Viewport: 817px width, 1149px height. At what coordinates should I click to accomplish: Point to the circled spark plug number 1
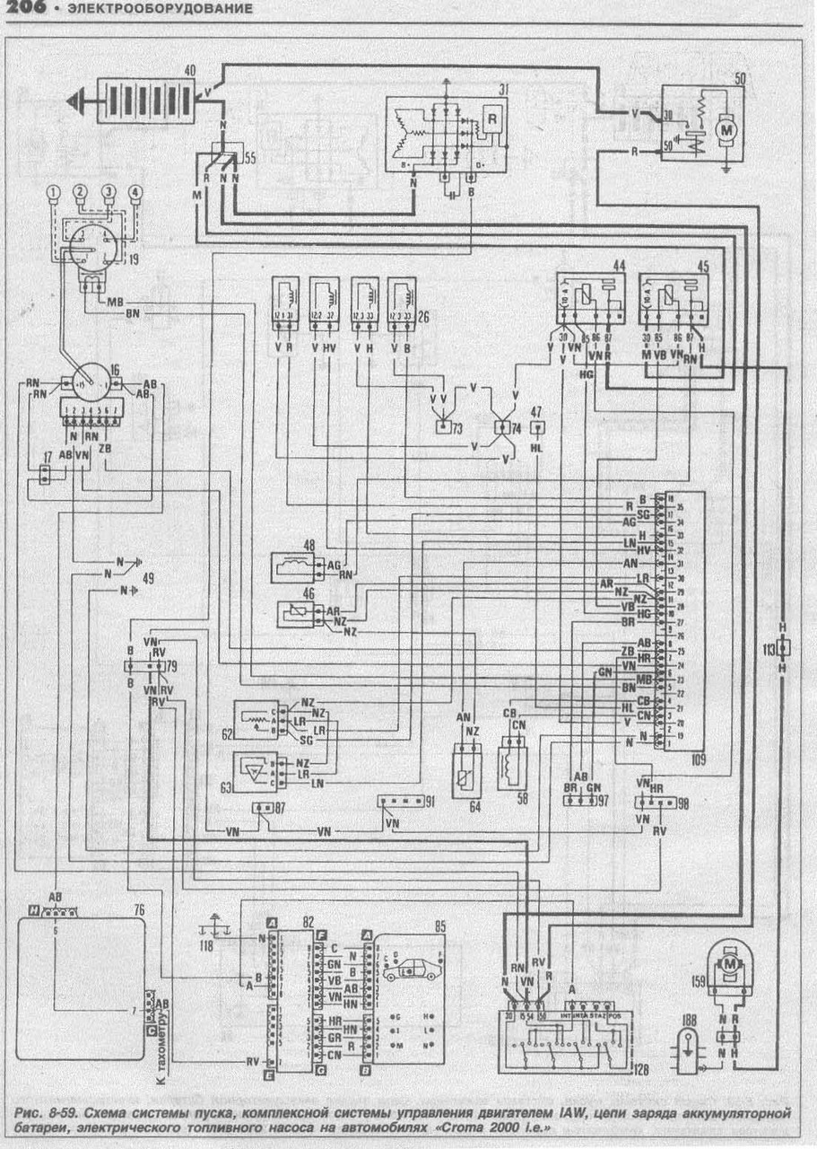click(x=55, y=192)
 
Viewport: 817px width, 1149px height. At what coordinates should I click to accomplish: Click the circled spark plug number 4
click(x=136, y=191)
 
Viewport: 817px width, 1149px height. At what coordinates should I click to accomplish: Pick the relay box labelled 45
click(x=673, y=299)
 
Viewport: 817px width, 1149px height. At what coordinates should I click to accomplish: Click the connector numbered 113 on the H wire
click(x=783, y=646)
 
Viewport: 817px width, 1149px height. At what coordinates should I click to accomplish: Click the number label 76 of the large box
click(x=138, y=909)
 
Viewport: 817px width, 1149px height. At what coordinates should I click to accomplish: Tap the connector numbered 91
click(x=395, y=801)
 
